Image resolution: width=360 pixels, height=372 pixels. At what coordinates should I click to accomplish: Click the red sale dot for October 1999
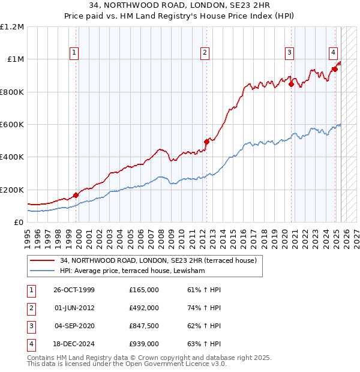pyautogui.click(x=76, y=195)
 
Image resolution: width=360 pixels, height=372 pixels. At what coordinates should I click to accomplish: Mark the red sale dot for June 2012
pyautogui.click(x=206, y=142)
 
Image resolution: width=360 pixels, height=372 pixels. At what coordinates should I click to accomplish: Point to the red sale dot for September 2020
pyautogui.click(x=291, y=84)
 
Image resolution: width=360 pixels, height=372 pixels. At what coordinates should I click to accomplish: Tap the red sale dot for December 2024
pyautogui.click(x=335, y=69)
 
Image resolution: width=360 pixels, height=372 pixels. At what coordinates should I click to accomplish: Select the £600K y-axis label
pyautogui.click(x=12, y=125)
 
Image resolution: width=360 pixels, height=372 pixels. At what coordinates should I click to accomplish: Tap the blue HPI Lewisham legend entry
pyautogui.click(x=133, y=271)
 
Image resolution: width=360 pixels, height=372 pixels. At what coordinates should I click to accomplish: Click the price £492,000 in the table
pyautogui.click(x=144, y=308)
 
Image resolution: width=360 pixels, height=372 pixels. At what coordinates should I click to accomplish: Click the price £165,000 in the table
pyautogui.click(x=144, y=290)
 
